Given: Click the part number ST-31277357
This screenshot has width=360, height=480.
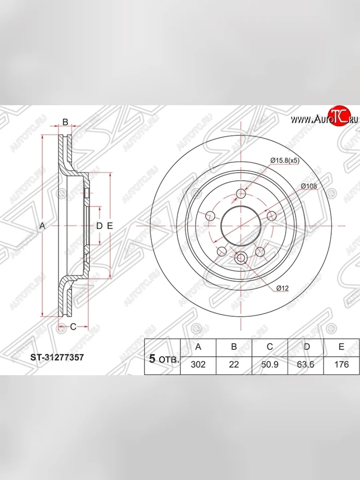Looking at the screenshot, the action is coord(57,357).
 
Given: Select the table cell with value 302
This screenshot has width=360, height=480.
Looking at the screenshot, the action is coord(198,364).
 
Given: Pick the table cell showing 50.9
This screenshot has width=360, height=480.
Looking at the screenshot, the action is coord(270,364).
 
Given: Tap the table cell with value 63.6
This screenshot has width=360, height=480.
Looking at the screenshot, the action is coord(306,364).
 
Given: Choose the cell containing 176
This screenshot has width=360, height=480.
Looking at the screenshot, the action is coord(342,364).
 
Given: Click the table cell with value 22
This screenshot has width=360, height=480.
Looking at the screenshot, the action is coord(234,364).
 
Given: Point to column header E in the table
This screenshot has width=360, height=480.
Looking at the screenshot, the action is coord(342,347).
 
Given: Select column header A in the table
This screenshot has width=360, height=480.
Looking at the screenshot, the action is coord(198,347).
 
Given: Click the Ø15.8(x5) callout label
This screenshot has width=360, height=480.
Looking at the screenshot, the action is coord(285,161).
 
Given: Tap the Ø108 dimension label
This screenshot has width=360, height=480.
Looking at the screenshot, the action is coord(309,186).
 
